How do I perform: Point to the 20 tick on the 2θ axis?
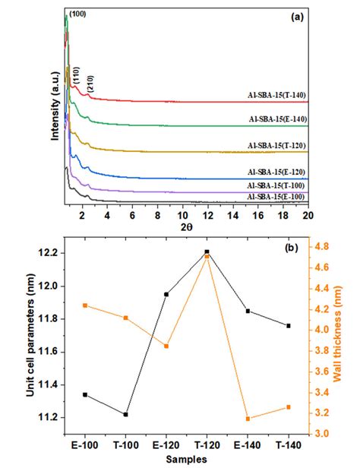(308, 215)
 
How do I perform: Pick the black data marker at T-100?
(125, 414)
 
